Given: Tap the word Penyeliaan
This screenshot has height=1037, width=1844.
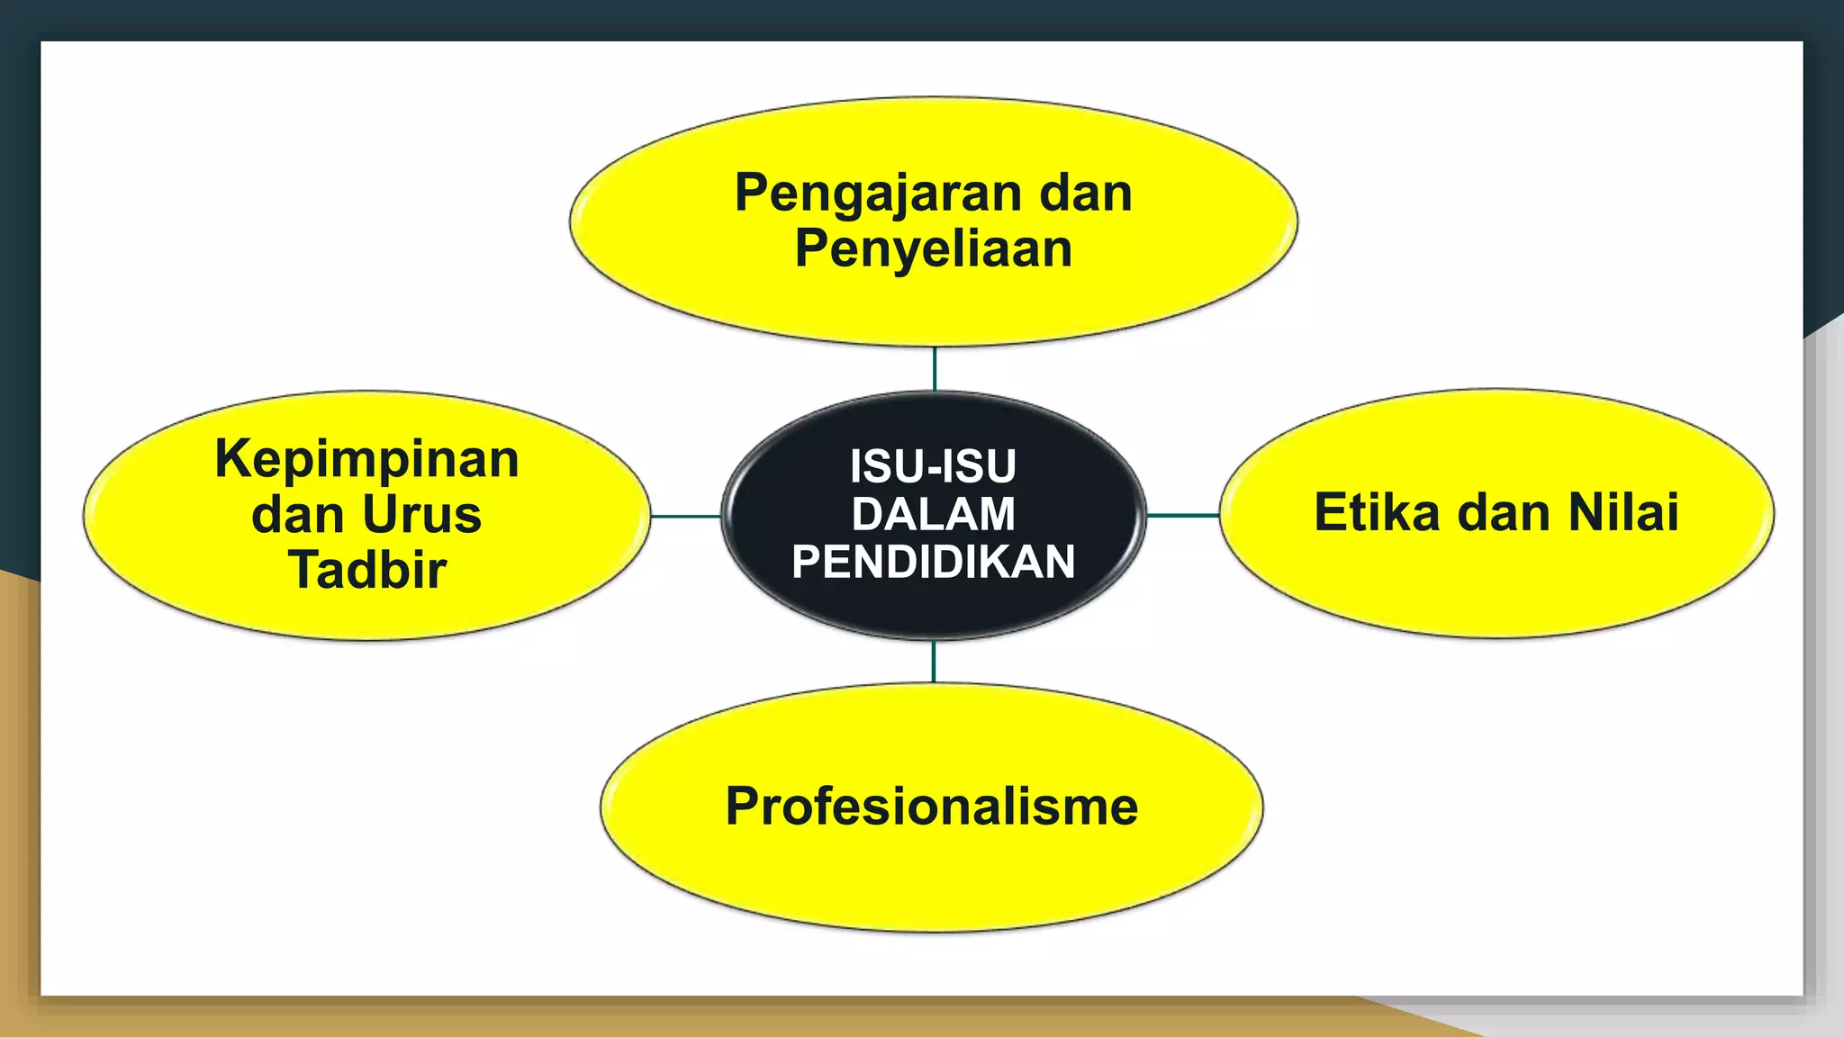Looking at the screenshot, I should (x=934, y=249).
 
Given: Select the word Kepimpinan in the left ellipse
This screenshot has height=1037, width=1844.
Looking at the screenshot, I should (x=367, y=459).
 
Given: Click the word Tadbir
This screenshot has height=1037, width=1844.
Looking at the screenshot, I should (x=367, y=570).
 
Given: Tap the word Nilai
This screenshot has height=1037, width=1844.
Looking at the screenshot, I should (x=1623, y=513).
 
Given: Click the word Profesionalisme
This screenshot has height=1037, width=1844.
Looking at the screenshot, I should (x=932, y=807).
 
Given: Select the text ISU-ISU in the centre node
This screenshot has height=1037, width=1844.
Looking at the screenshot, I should (x=933, y=466).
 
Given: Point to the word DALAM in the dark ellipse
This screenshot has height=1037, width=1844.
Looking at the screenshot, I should (x=934, y=514).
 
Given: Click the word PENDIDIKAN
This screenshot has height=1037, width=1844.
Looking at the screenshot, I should (x=934, y=562).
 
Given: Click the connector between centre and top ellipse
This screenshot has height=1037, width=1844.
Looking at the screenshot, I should (x=935, y=368).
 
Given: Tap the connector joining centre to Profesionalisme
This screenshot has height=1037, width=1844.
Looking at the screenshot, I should (x=934, y=662).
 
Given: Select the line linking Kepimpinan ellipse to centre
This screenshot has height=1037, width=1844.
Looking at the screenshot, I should (x=685, y=517).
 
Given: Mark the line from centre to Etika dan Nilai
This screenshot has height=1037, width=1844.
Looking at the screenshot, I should (x=1183, y=516).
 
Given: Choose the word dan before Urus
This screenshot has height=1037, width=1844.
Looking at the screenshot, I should (x=297, y=515).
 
